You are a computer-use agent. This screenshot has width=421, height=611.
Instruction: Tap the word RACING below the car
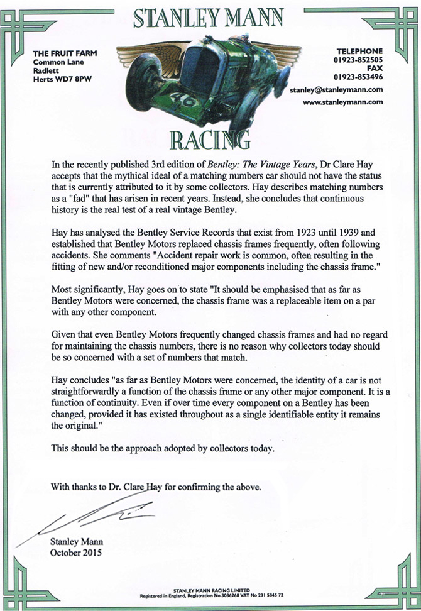210,140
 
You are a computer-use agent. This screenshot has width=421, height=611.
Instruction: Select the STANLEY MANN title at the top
209,17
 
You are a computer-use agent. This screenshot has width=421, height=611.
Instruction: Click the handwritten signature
88,516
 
